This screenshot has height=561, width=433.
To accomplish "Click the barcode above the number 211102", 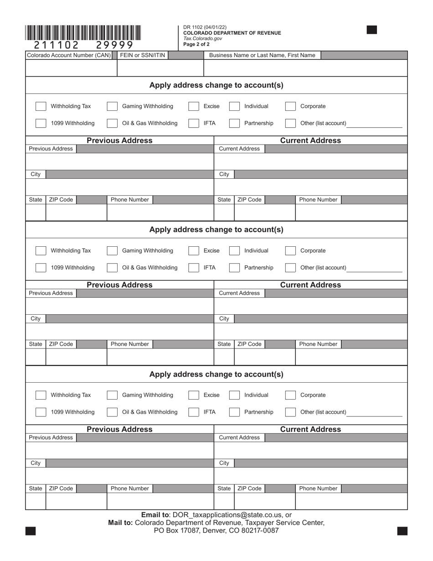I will [x=83, y=32].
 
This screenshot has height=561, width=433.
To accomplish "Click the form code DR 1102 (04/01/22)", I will [x=205, y=27].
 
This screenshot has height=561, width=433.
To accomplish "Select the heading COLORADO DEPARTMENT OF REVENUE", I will [x=232, y=33].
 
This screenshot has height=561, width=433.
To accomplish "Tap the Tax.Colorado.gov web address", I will [x=202, y=39].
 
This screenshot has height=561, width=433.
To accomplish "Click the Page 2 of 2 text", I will [x=196, y=44].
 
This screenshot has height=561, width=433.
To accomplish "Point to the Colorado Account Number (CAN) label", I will [x=69, y=55].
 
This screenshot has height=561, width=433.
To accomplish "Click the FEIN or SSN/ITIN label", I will [x=143, y=55].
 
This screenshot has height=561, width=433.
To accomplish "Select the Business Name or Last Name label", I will [x=262, y=55].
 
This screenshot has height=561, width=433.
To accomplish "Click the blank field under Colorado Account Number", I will [x=71, y=68].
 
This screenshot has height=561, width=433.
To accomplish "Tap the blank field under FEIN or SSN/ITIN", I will [x=160, y=68].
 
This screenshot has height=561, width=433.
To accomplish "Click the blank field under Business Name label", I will [x=305, y=68].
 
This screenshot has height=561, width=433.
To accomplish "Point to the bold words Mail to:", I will [x=120, y=523].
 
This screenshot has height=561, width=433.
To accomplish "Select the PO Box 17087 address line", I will [x=216, y=530].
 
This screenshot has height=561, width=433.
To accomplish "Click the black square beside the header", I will [x=372, y=30].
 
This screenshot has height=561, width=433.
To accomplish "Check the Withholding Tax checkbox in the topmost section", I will [x=41, y=106].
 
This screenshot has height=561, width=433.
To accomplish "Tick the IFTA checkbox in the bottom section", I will [x=194, y=412].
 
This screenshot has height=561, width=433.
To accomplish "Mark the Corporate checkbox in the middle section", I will [x=290, y=251].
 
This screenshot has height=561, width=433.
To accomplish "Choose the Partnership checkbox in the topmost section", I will [x=234, y=123].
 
